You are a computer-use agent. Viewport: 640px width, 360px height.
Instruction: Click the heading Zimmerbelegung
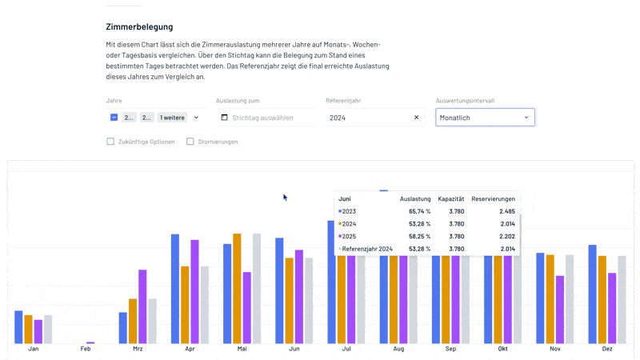tap(139, 27)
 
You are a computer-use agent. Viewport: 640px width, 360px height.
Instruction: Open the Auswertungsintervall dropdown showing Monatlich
tap(485, 118)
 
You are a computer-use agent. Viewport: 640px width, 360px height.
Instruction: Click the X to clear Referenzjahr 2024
tap(416, 118)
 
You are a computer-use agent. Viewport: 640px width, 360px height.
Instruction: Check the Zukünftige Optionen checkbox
tap(110, 142)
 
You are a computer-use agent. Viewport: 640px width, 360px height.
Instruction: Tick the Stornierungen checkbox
tap(190, 142)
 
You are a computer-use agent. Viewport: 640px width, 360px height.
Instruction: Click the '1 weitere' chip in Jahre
tap(171, 118)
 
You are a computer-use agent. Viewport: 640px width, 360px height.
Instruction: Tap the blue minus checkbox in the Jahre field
tap(114, 118)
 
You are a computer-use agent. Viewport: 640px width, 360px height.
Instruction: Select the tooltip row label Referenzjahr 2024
tap(367, 249)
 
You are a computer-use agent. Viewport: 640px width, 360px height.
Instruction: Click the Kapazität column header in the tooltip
tap(451, 198)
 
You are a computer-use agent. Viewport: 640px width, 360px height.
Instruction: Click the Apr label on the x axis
tap(190, 350)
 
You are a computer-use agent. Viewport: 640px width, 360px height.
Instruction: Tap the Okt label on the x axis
tap(502, 350)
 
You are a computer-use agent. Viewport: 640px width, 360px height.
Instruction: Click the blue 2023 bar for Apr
tap(174, 288)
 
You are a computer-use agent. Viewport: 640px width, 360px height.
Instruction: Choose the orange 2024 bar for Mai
tap(237, 288)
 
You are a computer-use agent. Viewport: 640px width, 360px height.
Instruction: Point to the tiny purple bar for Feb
tap(90, 342)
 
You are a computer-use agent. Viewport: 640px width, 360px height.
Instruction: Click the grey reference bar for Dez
tap(622, 300)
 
